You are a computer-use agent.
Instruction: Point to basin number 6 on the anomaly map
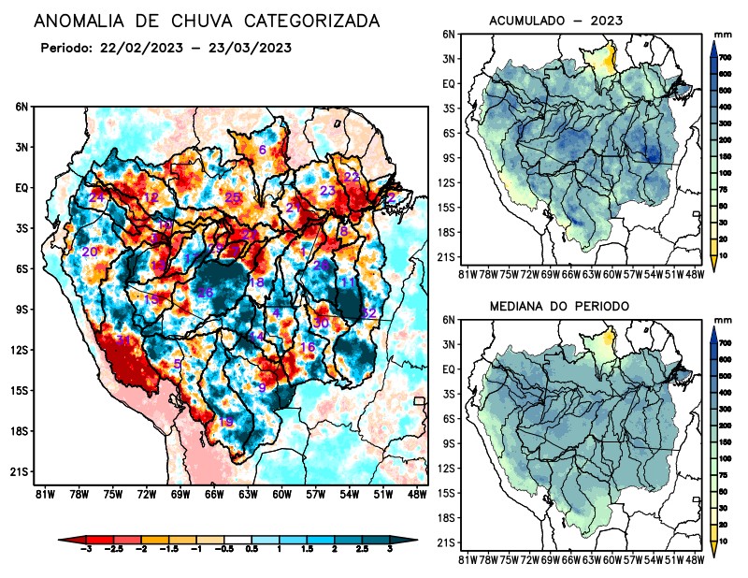coord(263,150)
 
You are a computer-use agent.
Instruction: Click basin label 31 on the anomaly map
coord(123,340)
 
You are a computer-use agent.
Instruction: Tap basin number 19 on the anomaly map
coord(225,422)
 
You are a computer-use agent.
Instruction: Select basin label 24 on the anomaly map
coord(96,197)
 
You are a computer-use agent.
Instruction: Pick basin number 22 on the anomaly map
coord(352,176)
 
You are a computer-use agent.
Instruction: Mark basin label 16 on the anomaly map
coord(307,347)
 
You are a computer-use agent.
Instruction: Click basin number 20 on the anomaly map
coord(90,252)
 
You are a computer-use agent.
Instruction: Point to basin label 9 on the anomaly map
coord(263,387)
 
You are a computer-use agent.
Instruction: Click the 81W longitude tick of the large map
coord(43,493)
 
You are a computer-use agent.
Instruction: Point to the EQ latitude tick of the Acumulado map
coord(449,83)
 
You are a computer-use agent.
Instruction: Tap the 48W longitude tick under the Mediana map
coord(694,559)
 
